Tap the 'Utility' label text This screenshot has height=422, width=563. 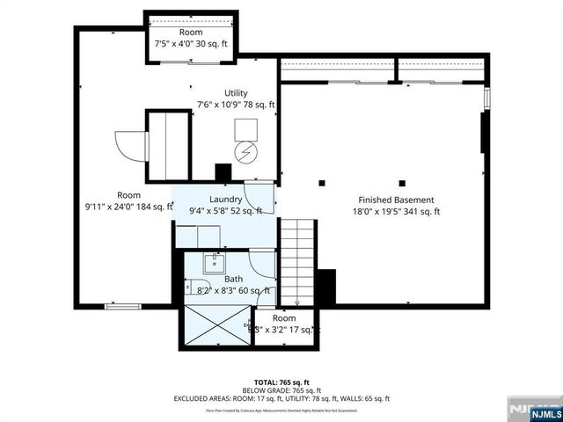[236, 92]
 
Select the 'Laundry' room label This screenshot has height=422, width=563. [225, 199]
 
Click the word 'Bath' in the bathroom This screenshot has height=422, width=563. [233, 279]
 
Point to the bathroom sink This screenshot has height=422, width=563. [212, 262]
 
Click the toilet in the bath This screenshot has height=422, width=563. [193, 286]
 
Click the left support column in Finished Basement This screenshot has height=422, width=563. [323, 183]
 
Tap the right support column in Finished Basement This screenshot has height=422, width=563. [402, 183]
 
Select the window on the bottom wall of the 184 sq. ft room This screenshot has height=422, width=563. [123, 306]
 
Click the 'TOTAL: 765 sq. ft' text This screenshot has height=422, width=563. [281, 382]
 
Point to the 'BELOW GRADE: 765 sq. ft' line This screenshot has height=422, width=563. [281, 390]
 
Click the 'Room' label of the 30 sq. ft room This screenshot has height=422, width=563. [191, 32]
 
